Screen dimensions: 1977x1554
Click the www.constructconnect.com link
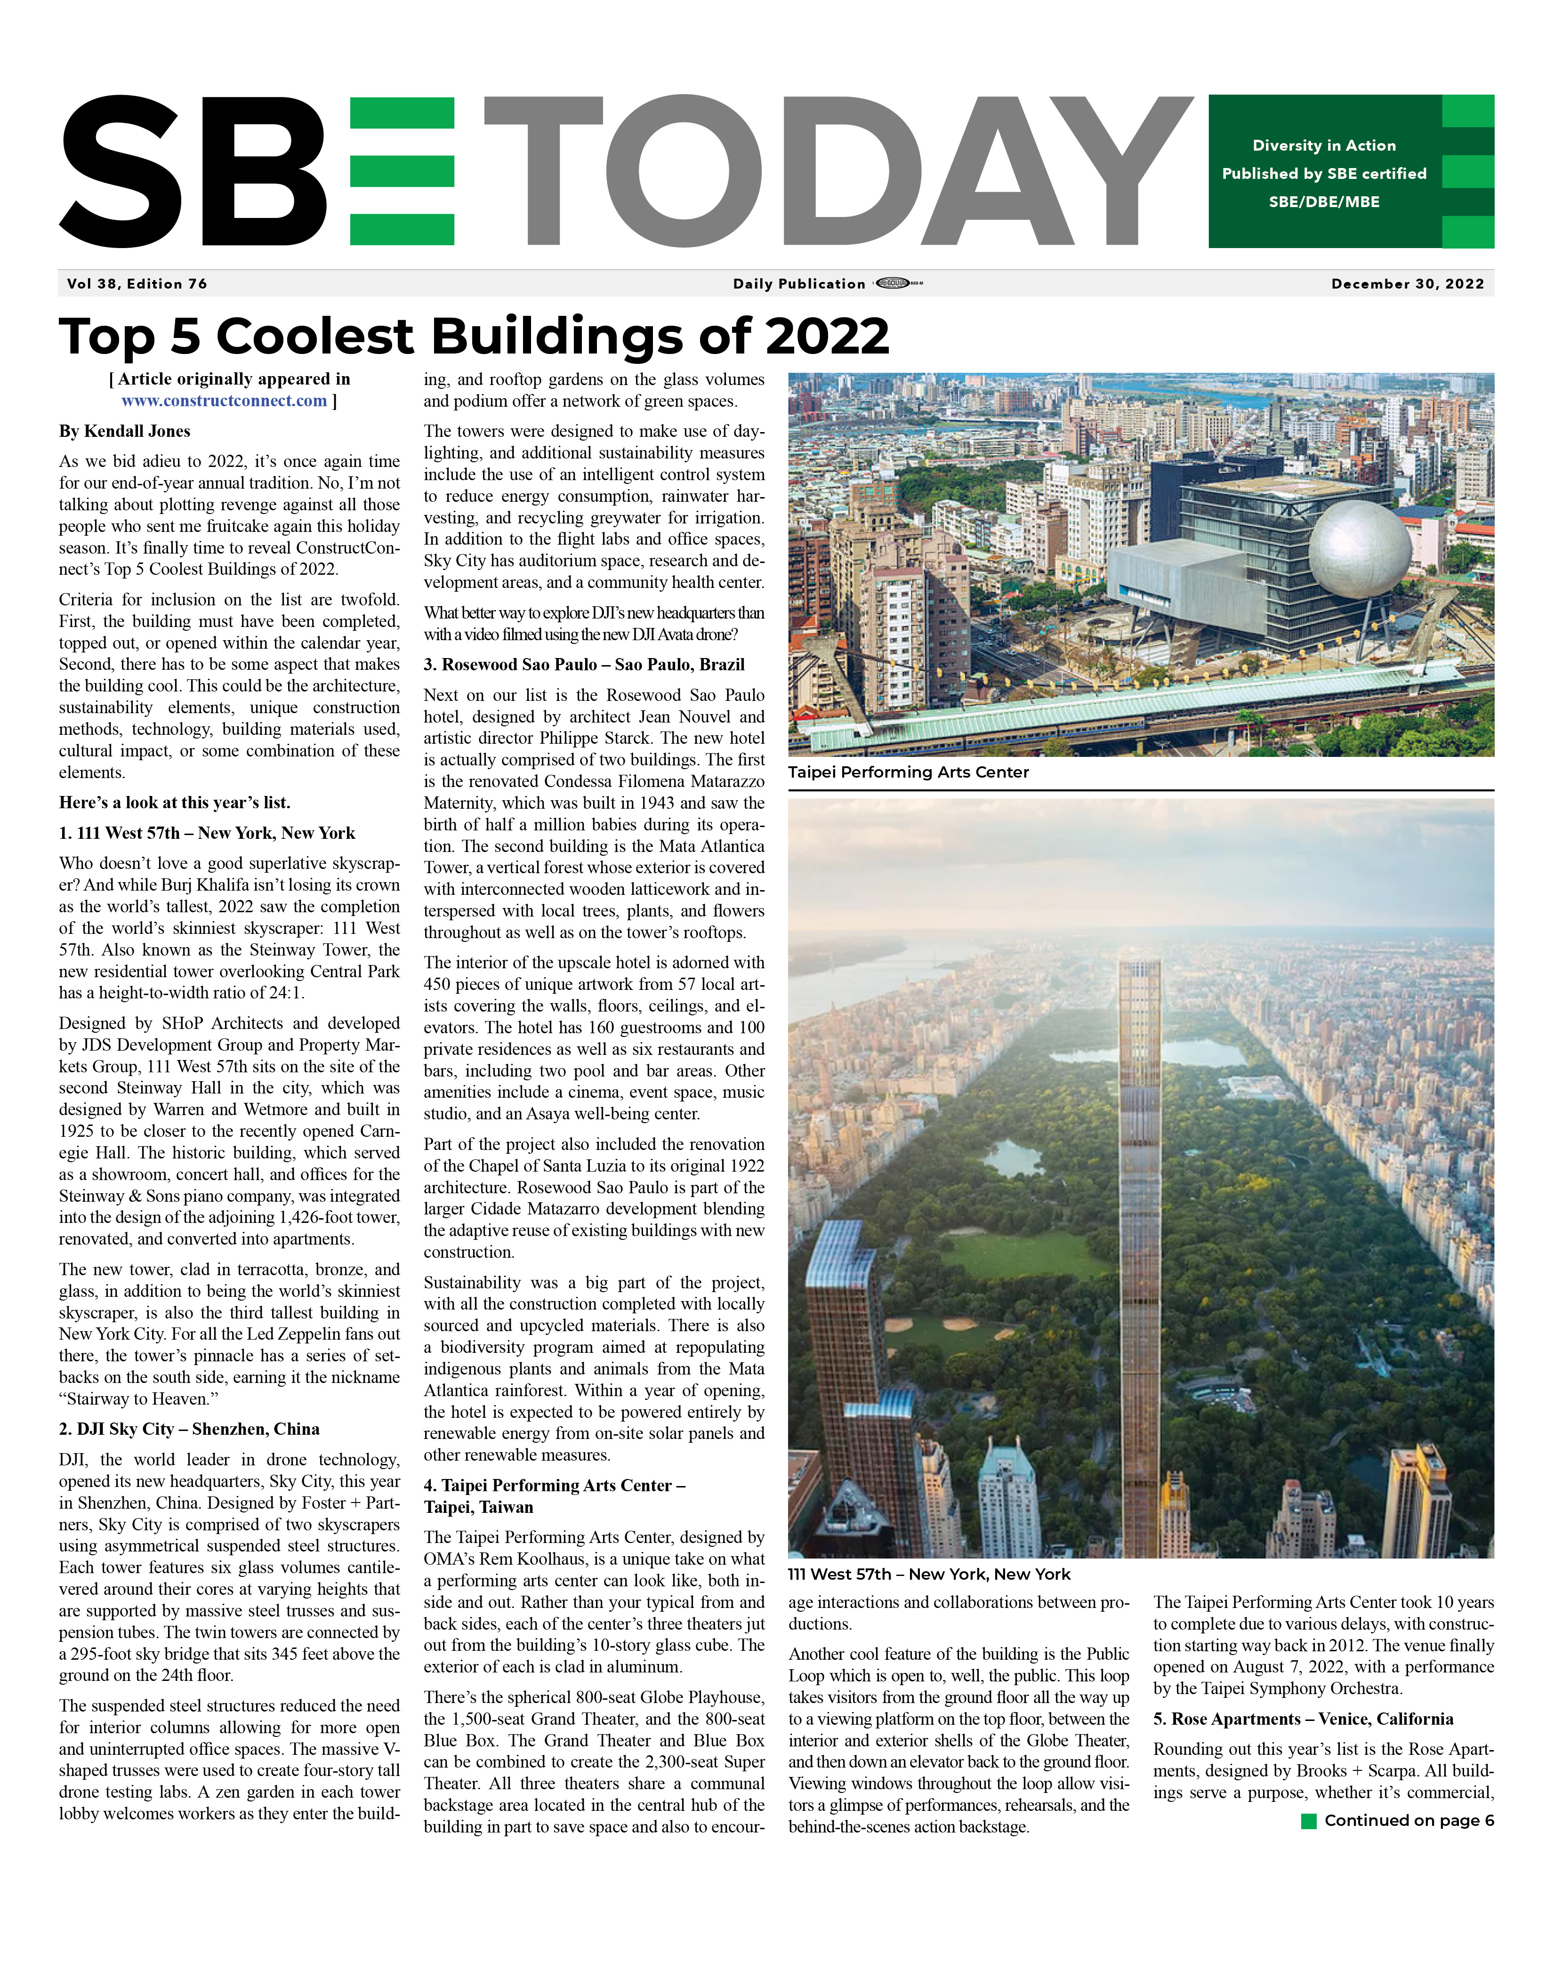tap(224, 401)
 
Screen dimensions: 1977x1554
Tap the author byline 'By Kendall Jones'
tap(125, 431)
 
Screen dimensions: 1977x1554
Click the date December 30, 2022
tap(1407, 284)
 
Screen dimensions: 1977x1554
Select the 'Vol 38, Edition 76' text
tap(137, 284)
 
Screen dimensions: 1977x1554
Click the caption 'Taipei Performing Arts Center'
tap(908, 772)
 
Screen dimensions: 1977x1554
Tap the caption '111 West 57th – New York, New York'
tap(929, 1574)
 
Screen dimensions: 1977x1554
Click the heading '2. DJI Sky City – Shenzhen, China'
tap(189, 1429)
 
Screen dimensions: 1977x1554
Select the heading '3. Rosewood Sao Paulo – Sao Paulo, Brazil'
tap(584, 665)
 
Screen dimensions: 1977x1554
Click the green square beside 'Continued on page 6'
tap(1309, 1821)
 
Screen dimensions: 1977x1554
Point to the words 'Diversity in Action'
tap(1324, 145)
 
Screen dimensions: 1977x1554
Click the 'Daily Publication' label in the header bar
tap(799, 284)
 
